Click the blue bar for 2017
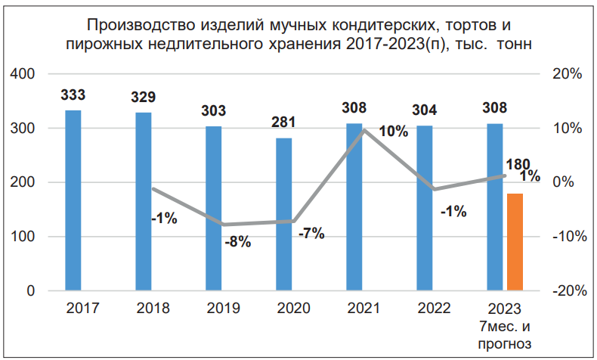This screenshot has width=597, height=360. pos(73,200)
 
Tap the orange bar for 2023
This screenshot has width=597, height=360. pos(515,242)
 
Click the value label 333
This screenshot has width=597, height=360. pos(73,95)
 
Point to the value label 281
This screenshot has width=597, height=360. pos(283,123)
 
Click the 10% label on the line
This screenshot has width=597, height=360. pos(393,131)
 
